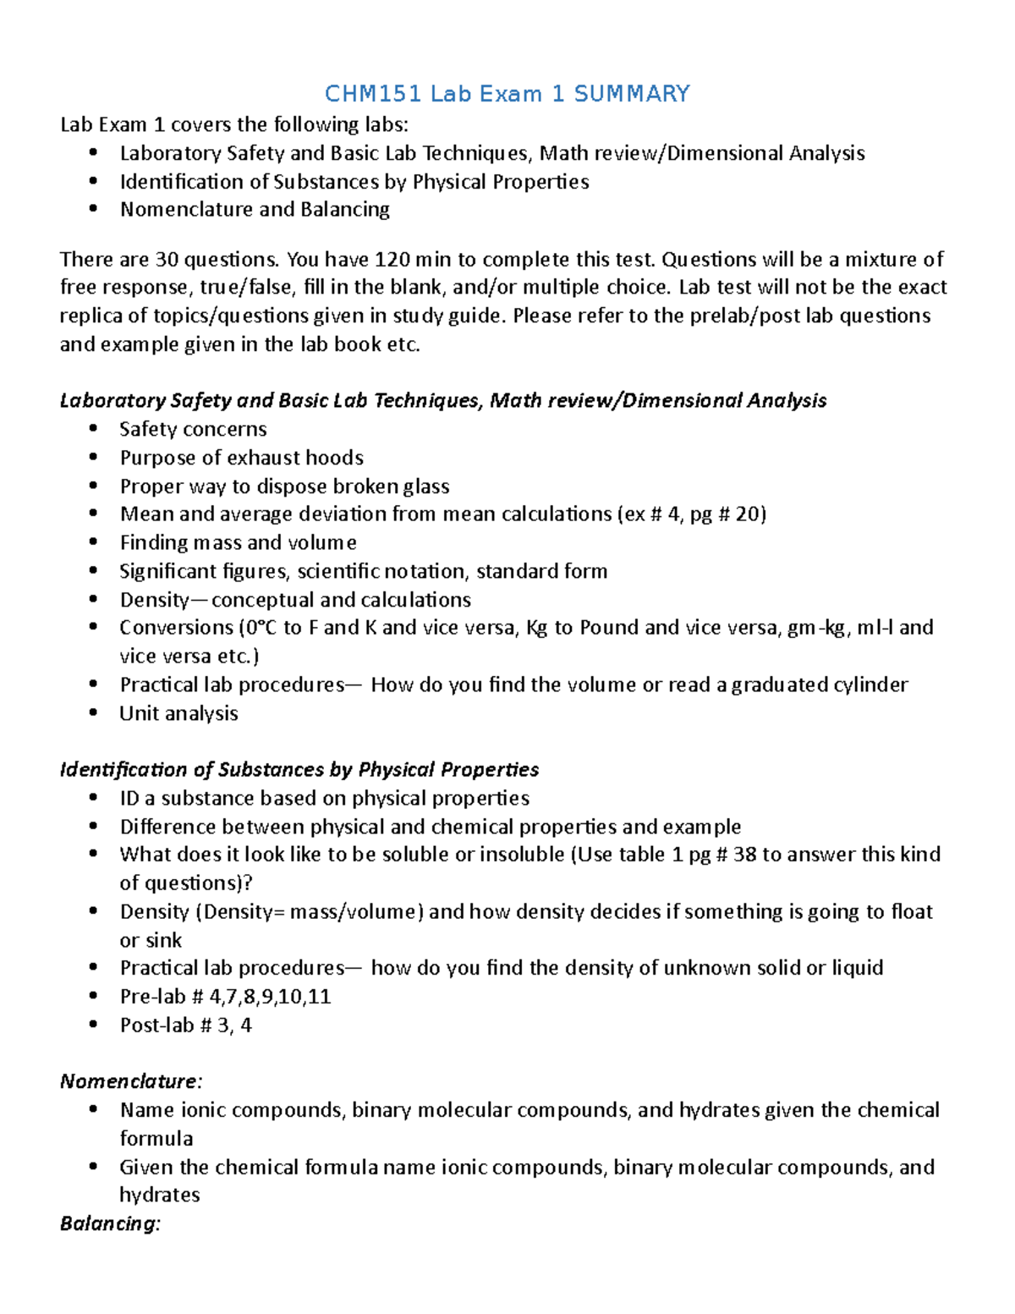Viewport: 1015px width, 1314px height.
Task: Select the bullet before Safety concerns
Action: [x=93, y=429]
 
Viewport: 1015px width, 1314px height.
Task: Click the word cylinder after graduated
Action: [x=872, y=684]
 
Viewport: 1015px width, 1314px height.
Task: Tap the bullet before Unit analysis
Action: [x=93, y=713]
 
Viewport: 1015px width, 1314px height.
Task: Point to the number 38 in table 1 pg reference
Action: [x=744, y=855]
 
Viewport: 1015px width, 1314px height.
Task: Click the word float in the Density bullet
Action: [x=911, y=911]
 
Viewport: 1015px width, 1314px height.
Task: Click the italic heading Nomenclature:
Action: [x=131, y=1081]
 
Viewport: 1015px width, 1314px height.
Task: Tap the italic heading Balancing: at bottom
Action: [x=110, y=1223]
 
